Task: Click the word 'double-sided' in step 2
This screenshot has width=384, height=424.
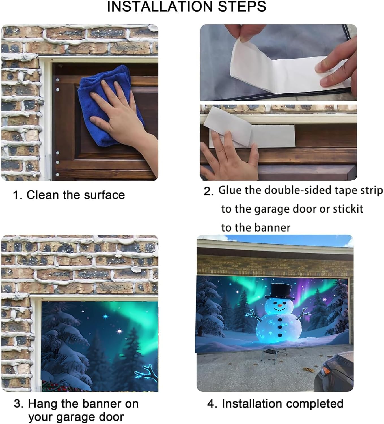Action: [x=298, y=190]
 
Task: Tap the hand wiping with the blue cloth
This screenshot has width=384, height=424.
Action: [x=124, y=118]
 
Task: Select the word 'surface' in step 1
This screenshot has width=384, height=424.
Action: [x=104, y=195]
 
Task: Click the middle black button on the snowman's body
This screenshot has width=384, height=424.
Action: [x=280, y=327]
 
